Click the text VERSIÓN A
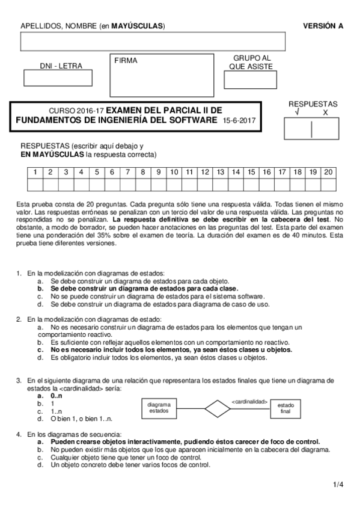point(323,26)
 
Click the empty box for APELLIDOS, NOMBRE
point(153,41)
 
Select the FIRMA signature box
point(162,75)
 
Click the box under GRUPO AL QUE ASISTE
point(252,80)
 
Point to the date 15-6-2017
point(239,121)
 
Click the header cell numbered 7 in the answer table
point(127,172)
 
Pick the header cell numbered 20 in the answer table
point(328,172)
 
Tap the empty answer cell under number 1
point(35,185)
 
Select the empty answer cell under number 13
point(220,185)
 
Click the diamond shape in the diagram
point(218,408)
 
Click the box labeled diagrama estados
point(159,408)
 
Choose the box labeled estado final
point(285,409)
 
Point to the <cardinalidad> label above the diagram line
point(249,401)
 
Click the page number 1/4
point(338,484)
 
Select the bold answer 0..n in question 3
point(56,396)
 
